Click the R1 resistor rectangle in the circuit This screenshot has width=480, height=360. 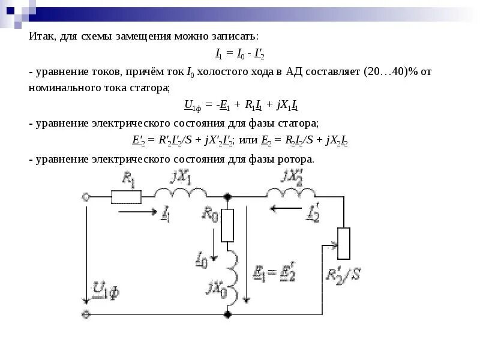(127, 196)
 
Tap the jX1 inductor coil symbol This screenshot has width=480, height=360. (179, 193)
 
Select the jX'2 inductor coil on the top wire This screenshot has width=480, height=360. (291, 193)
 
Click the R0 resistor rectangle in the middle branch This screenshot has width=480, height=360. (227, 225)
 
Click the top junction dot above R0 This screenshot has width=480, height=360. (227, 196)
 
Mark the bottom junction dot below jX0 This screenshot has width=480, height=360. (227, 314)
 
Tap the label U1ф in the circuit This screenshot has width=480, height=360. (106, 292)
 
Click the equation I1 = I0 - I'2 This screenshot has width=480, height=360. (240, 54)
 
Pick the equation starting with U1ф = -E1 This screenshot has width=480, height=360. (241, 106)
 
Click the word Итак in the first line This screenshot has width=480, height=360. (42, 37)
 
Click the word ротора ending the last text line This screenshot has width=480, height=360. (294, 160)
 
